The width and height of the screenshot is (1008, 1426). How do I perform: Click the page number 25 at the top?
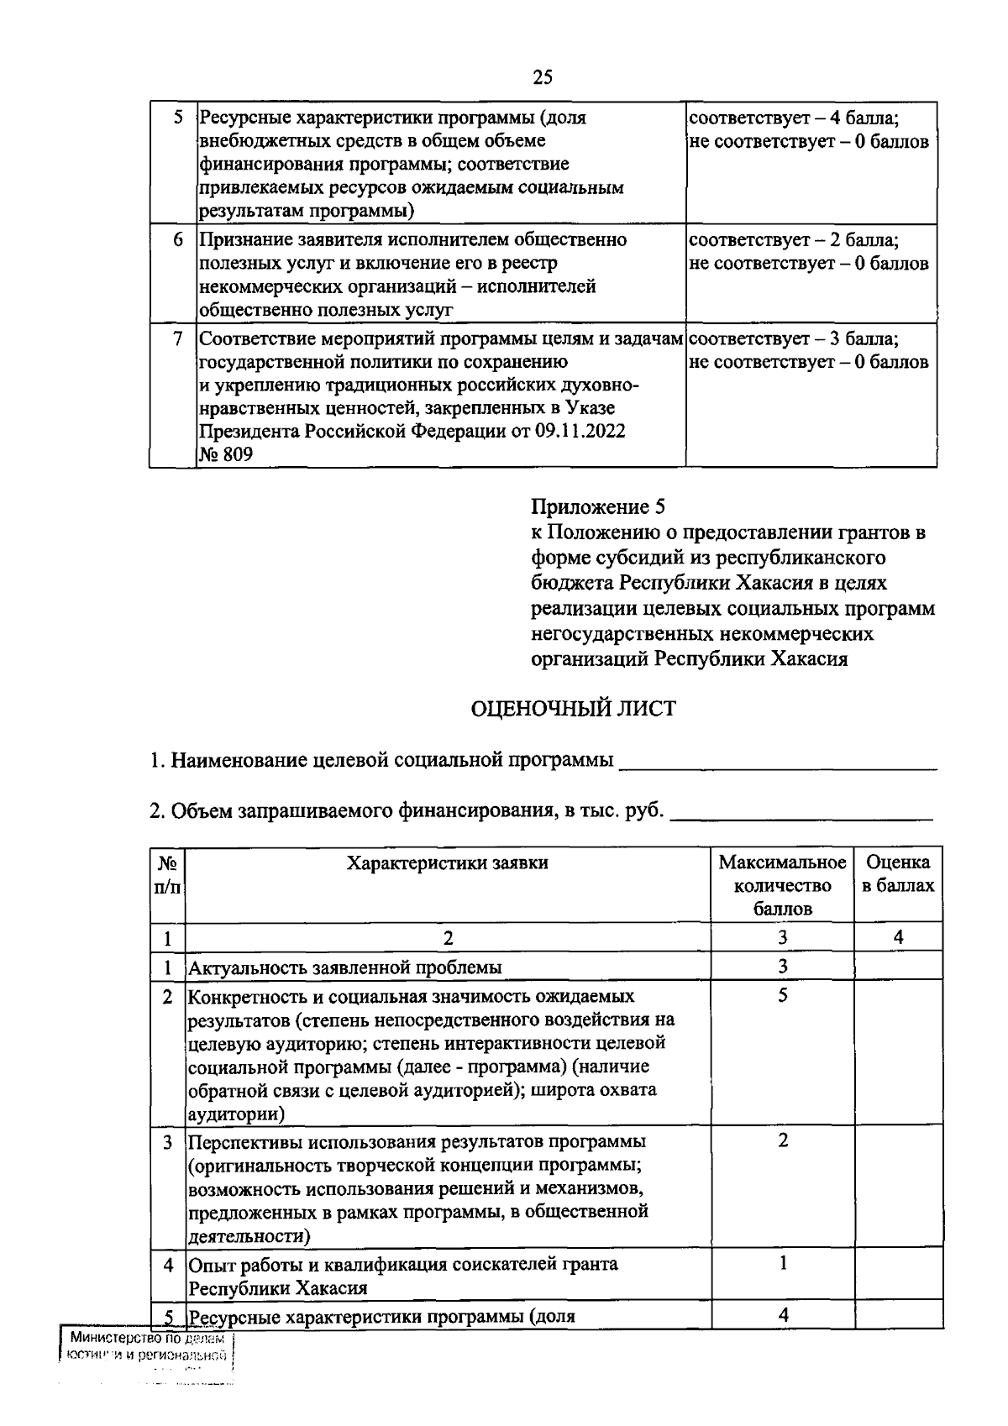pos(543,77)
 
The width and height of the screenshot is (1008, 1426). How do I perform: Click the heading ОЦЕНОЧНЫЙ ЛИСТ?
pos(572,708)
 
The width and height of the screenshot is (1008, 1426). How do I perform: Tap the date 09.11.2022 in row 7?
pos(580,431)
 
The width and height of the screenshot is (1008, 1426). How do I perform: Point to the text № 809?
pos(225,454)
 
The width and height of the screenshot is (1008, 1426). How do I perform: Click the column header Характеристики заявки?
pos(447,862)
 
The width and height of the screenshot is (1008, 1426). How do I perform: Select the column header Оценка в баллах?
pos(897,873)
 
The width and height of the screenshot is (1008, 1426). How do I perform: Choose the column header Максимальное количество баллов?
pos(782,885)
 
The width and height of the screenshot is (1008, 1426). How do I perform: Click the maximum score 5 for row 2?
pos(782,996)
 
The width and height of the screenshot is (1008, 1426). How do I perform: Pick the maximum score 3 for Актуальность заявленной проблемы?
pos(782,966)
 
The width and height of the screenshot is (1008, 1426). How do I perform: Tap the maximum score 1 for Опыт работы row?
pos(782,1263)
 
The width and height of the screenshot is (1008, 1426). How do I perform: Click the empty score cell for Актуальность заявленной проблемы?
pos(897,966)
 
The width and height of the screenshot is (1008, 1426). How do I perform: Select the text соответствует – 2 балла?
pos(794,240)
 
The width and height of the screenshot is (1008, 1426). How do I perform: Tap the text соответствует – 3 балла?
pos(794,339)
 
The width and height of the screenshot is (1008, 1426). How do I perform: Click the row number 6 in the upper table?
pos(178,240)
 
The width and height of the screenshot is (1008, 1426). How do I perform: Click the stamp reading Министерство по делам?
pos(146,1339)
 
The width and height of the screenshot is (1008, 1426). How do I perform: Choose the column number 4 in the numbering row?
pos(897,937)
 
